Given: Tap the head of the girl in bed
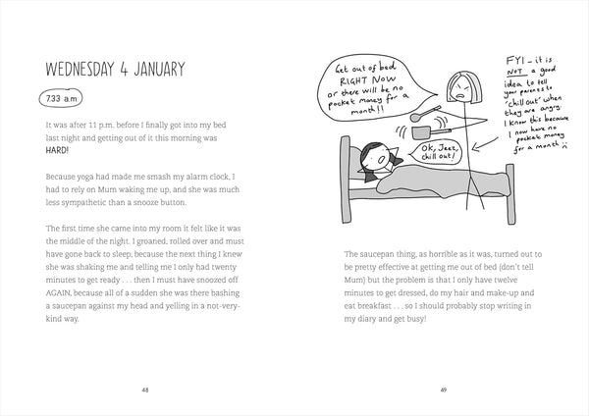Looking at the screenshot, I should tap(377, 155).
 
